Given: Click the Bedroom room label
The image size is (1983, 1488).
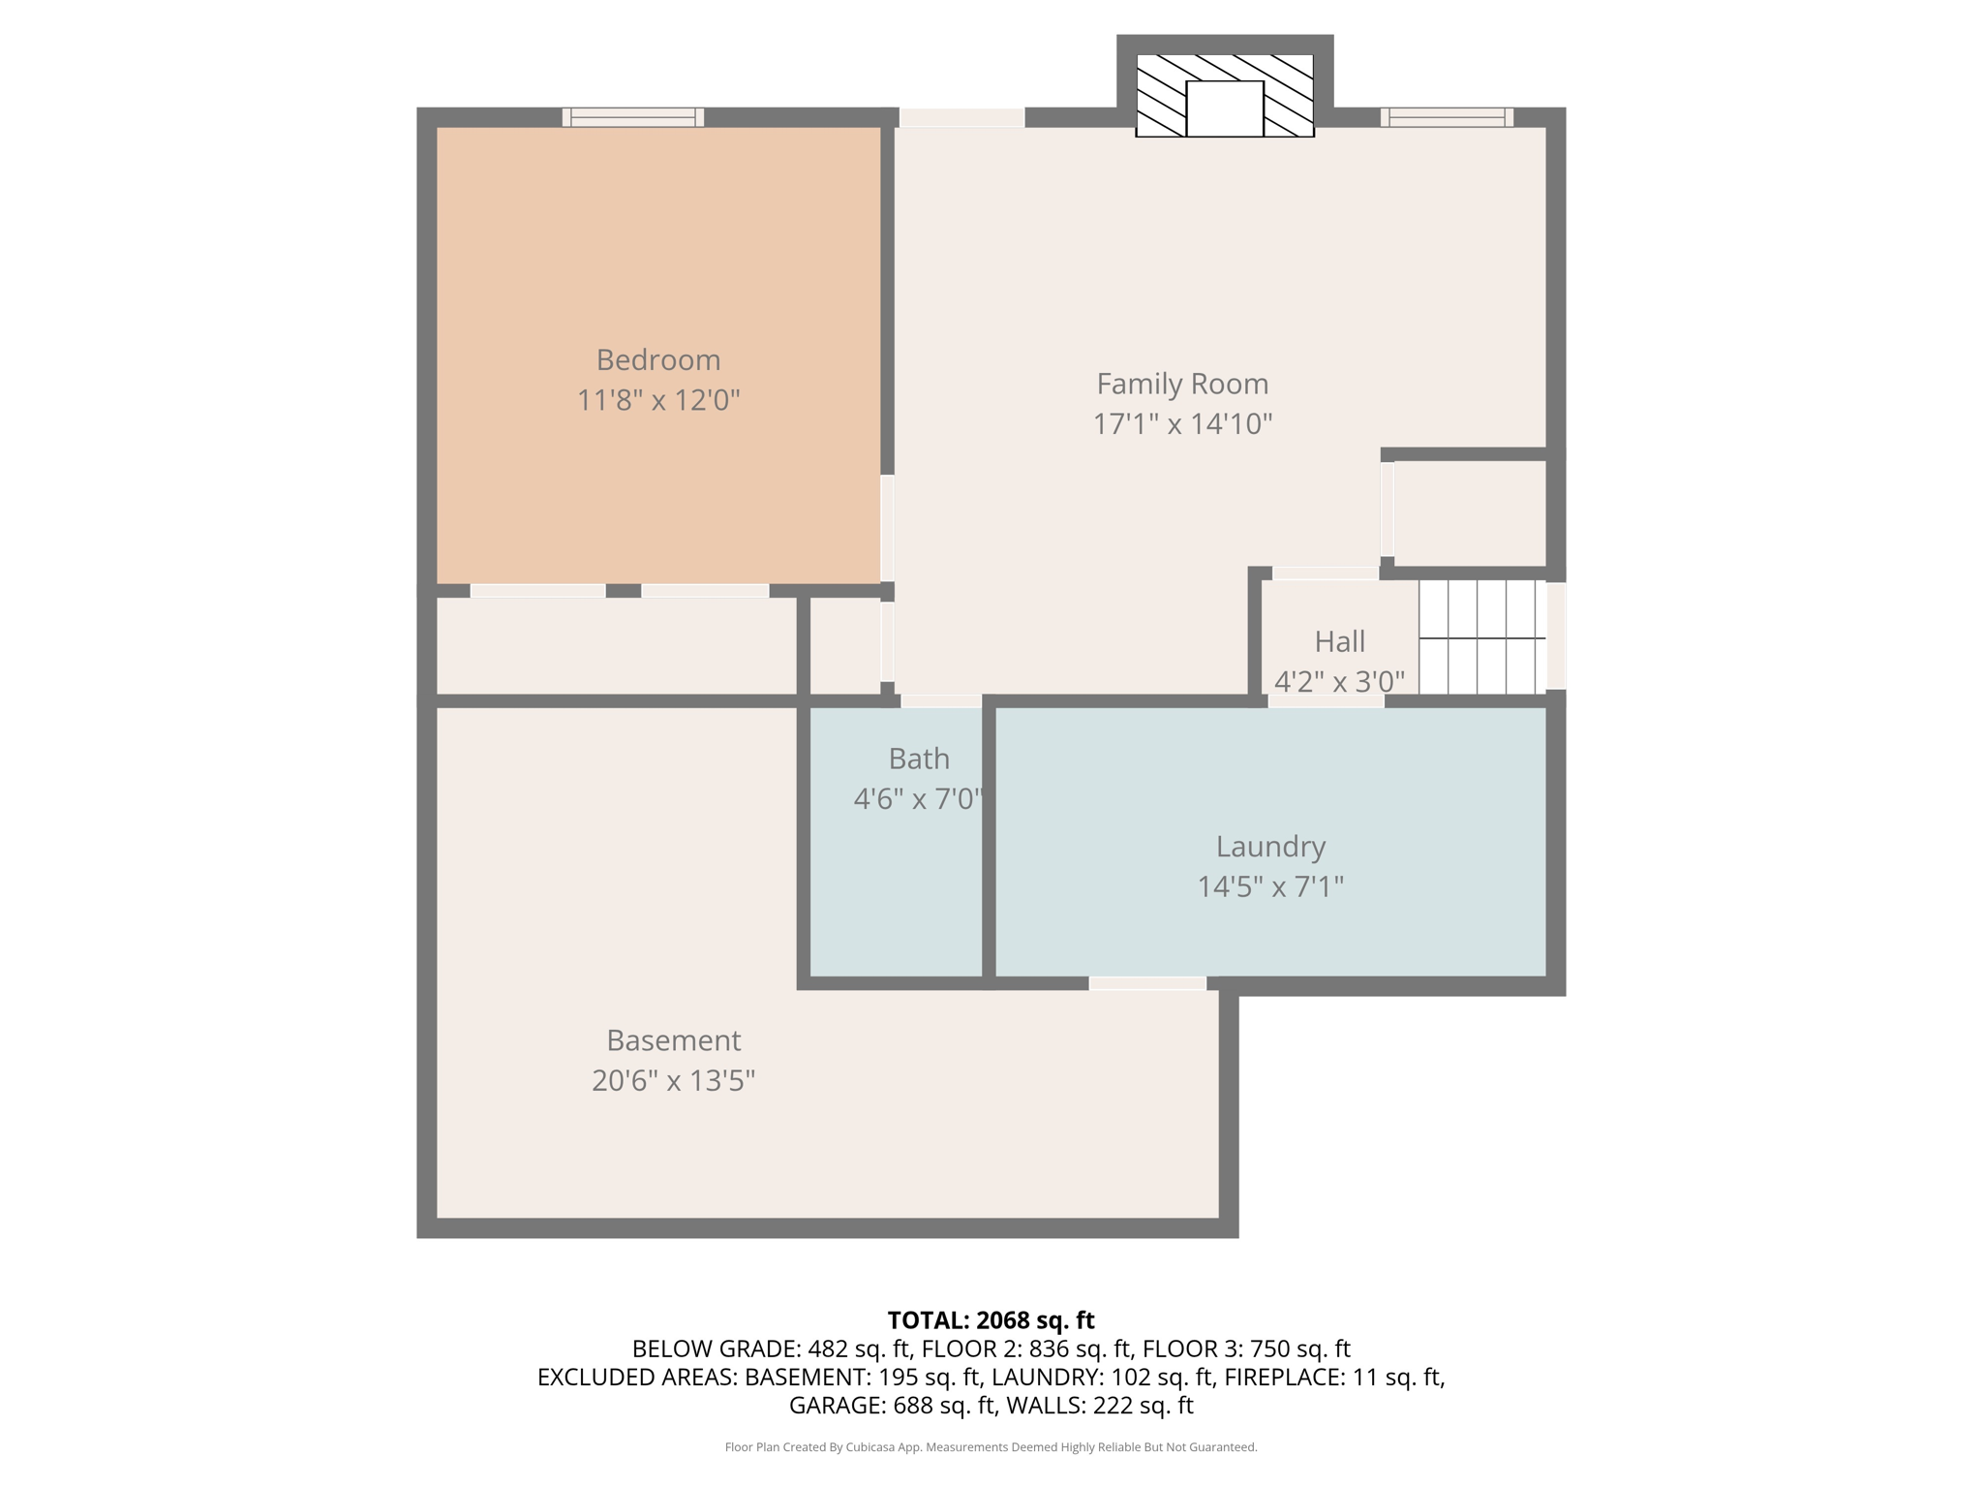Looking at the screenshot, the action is point(658,360).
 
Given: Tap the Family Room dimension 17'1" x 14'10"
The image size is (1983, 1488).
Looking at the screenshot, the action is point(1182,423).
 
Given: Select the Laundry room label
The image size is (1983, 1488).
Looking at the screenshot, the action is point(1270,848).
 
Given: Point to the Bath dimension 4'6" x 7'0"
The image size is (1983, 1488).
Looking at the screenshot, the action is point(918,799).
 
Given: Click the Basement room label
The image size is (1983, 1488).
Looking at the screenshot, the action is point(674,1040).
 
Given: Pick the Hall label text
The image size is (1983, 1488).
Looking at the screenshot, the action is point(1340,641).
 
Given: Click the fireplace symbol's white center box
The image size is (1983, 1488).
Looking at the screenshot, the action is point(1225,108).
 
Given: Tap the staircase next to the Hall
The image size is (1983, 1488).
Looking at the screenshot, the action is point(1482,636).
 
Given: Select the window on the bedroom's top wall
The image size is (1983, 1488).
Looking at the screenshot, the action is point(633,117).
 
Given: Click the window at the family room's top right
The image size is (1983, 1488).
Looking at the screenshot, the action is point(1447,117).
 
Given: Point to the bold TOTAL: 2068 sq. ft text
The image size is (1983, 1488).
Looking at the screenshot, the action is point(991,1320).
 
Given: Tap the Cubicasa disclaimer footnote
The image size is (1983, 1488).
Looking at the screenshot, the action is point(991,1447).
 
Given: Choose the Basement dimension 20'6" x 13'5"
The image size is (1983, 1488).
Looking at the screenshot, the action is point(674,1080).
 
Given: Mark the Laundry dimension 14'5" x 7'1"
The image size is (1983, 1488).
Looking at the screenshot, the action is point(1270,886).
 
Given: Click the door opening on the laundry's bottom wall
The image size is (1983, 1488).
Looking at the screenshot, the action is point(1147,984).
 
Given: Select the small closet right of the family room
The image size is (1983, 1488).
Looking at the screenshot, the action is point(1470,513).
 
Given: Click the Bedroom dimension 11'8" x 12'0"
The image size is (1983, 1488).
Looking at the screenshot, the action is point(658,400).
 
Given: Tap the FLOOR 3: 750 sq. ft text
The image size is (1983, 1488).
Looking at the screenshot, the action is point(1246,1348).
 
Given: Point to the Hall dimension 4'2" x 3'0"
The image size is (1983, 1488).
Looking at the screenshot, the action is point(1340,682).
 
